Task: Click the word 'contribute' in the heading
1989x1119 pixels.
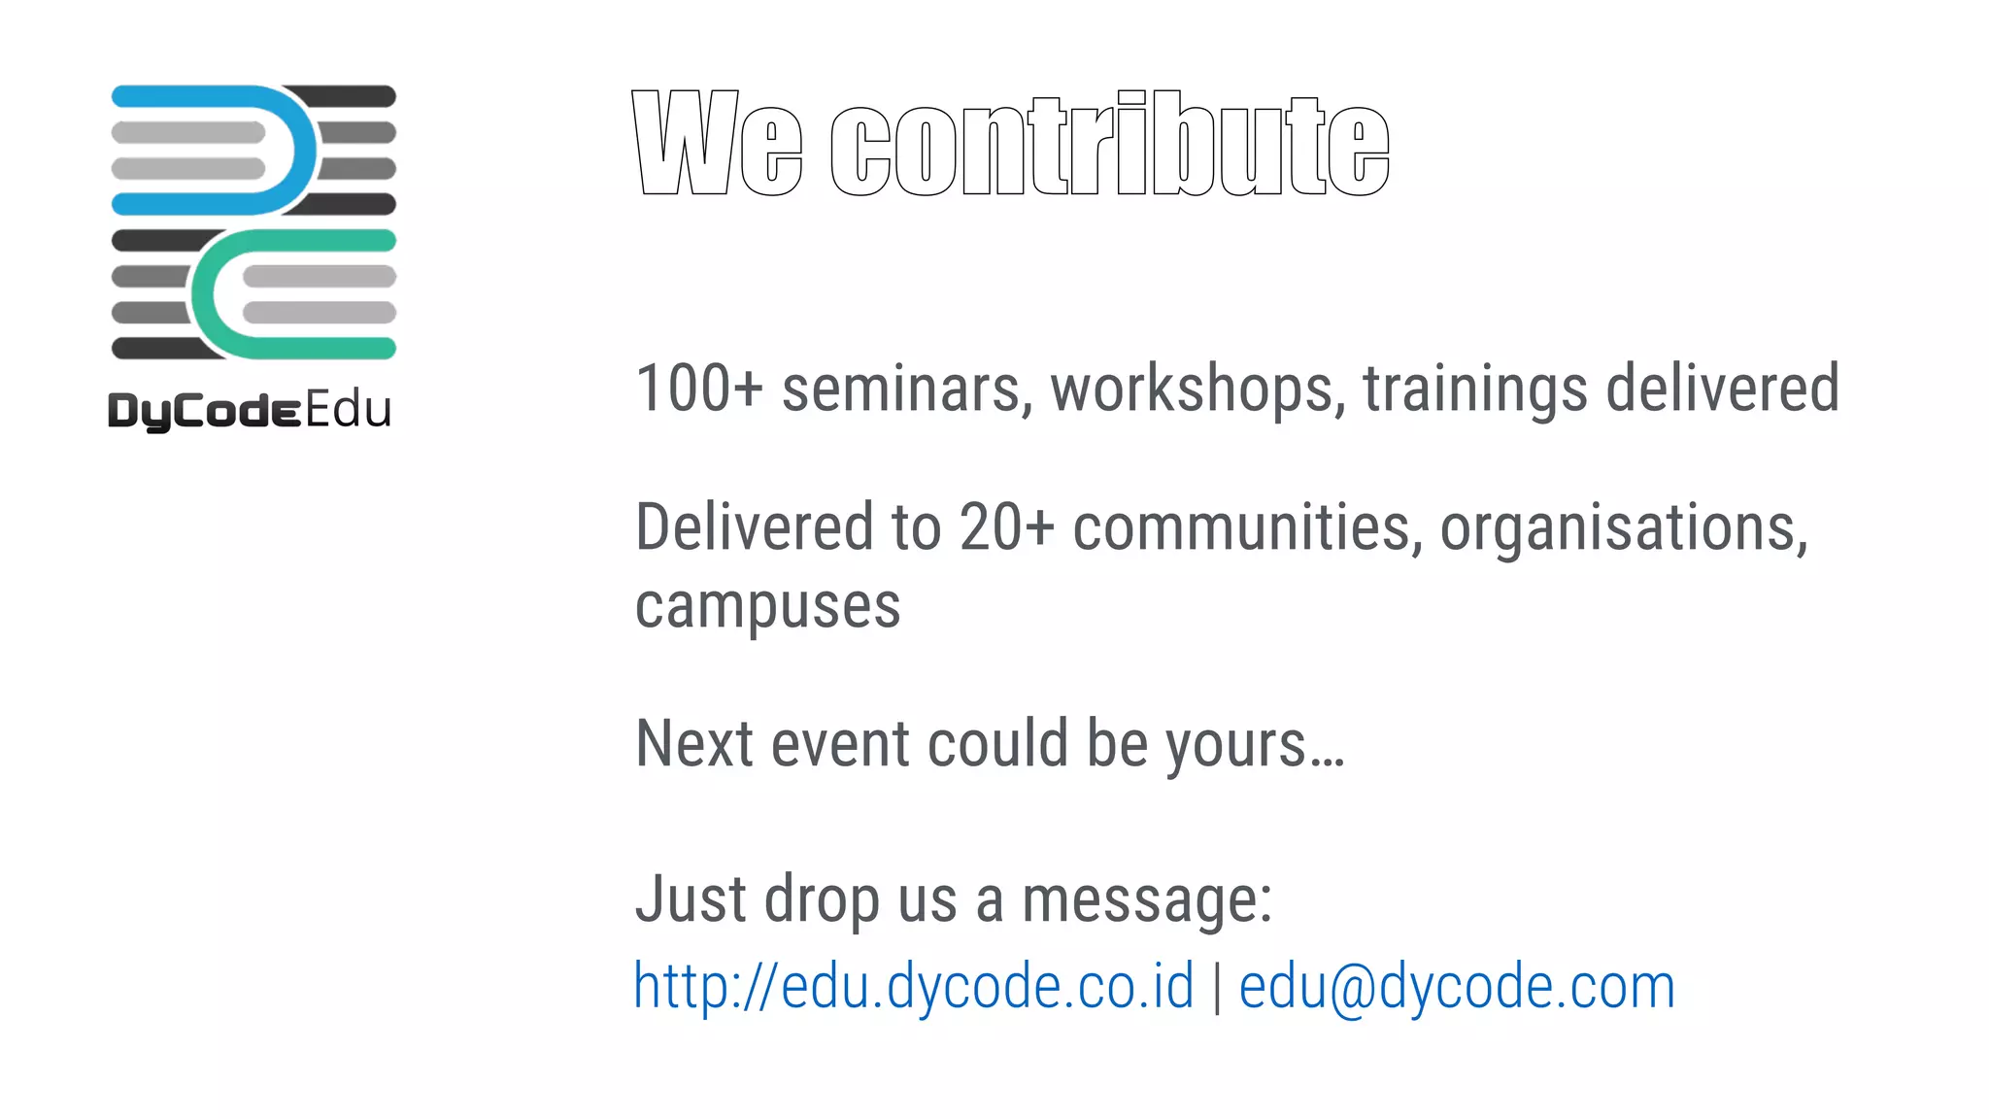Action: pos(1110,144)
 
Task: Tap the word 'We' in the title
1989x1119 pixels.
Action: pos(717,144)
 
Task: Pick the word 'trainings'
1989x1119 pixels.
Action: pos(1475,390)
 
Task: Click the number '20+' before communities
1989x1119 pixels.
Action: pos(1006,527)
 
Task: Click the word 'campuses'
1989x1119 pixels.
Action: pos(767,607)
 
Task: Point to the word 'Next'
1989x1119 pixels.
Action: pos(693,744)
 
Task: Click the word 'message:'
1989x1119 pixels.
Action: pos(1147,899)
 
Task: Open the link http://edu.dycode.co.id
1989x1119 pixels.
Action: pos(913,987)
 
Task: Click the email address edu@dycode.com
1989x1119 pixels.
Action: pos(1457,987)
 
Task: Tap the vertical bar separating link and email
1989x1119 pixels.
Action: pos(1217,987)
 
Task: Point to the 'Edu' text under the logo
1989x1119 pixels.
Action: pos(349,410)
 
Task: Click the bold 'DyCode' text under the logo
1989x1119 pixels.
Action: pos(204,411)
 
